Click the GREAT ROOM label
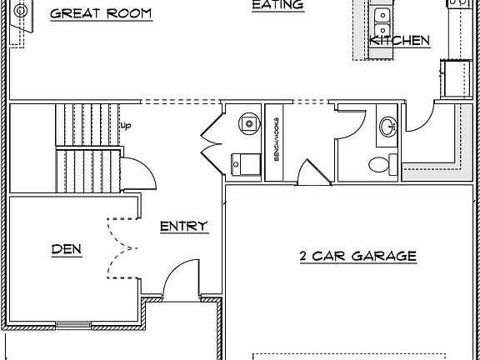101,14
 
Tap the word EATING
277,5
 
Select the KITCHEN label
399,40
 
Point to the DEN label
67,248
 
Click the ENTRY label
183,226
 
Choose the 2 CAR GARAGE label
357,256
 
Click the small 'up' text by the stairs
127,126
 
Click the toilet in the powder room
382,164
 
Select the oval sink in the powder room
388,127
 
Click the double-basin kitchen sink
382,16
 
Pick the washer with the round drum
247,122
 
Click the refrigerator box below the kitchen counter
455,78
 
